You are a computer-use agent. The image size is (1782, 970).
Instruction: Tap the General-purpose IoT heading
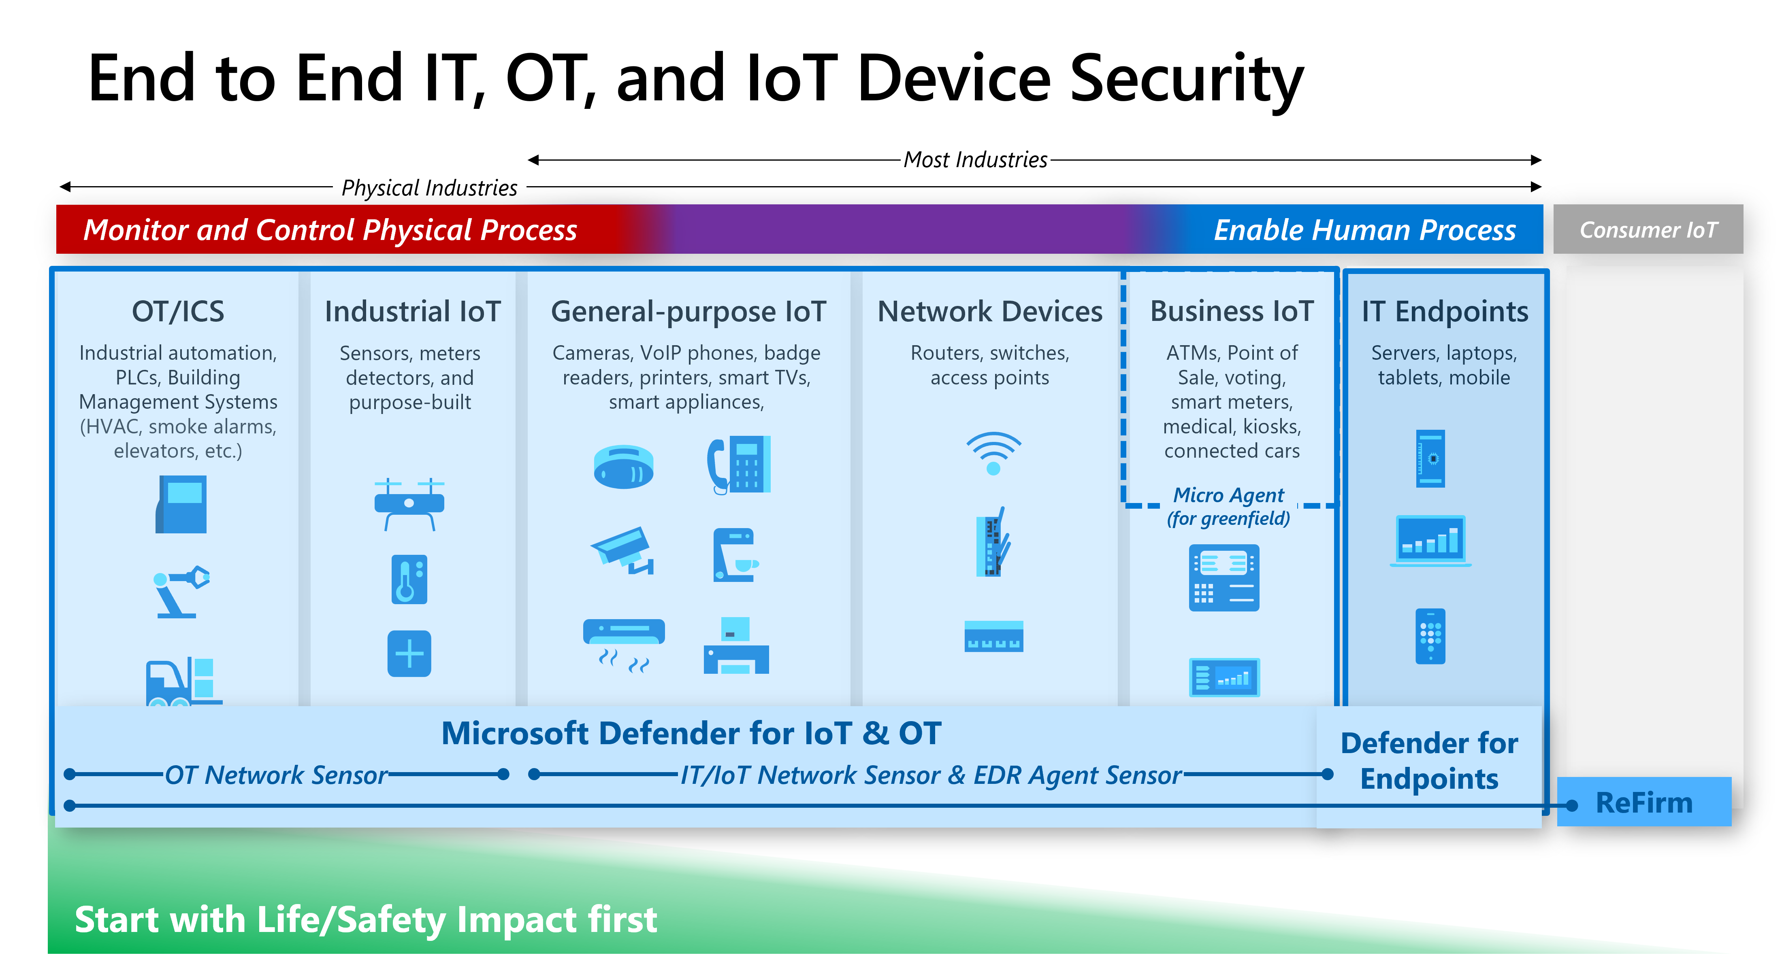click(x=688, y=312)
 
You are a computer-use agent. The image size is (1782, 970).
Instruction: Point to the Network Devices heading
click(x=990, y=312)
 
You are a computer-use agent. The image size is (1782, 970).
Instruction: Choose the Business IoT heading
click(x=1232, y=312)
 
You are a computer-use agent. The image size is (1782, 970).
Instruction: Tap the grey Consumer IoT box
click(x=1648, y=229)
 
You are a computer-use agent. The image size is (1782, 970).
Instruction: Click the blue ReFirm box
click(x=1644, y=802)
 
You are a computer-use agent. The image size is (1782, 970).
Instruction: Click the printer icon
click(x=736, y=646)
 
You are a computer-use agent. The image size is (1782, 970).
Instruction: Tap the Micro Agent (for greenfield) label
click(x=1229, y=507)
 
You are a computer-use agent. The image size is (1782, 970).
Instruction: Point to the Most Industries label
click(x=975, y=160)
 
